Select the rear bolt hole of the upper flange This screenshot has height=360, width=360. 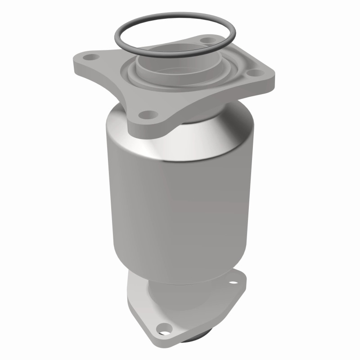(x=207, y=41)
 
